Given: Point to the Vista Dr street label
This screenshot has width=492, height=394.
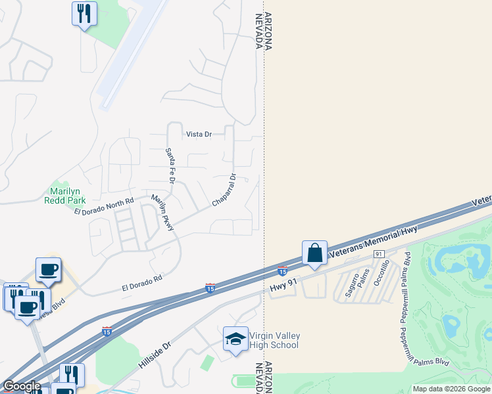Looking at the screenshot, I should pyautogui.click(x=199, y=134).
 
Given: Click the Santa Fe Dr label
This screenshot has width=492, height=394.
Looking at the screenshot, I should pyautogui.click(x=170, y=165).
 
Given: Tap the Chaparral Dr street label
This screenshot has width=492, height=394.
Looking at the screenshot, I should pyautogui.click(x=224, y=190).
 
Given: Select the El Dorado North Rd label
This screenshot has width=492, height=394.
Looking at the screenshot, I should pyautogui.click(x=104, y=206).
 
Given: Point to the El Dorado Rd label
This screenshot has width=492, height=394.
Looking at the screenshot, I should pyautogui.click(x=142, y=284).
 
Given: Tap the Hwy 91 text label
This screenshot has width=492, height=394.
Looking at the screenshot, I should pyautogui.click(x=284, y=286).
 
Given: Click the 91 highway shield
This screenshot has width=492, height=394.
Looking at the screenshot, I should pyautogui.click(x=378, y=253).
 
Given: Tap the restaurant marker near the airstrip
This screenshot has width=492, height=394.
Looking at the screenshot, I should pyautogui.click(x=84, y=14).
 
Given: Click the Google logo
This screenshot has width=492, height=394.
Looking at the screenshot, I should pyautogui.click(x=22, y=386).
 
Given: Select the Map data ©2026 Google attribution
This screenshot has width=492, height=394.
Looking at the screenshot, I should pyautogui.click(x=451, y=389).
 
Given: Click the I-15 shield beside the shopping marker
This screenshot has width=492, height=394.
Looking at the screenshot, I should pyautogui.click(x=282, y=271).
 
